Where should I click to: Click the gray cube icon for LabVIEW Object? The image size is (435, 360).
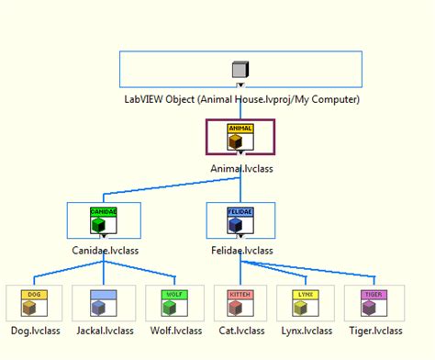coord(240,70)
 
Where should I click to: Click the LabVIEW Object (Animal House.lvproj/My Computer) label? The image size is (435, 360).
coord(241,99)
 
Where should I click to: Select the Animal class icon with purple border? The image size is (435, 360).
coord(240,137)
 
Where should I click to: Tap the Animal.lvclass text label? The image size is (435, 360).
coord(240,169)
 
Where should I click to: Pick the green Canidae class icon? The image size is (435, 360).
coord(104,221)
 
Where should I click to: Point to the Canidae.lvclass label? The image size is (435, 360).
coord(104,250)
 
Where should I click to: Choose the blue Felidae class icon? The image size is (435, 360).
coord(240,221)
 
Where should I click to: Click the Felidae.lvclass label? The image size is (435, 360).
coord(240,250)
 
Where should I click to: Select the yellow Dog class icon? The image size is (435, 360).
coord(33,302)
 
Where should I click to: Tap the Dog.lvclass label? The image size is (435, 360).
coord(33,331)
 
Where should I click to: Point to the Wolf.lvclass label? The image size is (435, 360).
coord(173,331)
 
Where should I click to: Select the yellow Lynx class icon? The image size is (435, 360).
coord(306,302)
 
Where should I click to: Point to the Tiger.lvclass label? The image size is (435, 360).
coord(374,331)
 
